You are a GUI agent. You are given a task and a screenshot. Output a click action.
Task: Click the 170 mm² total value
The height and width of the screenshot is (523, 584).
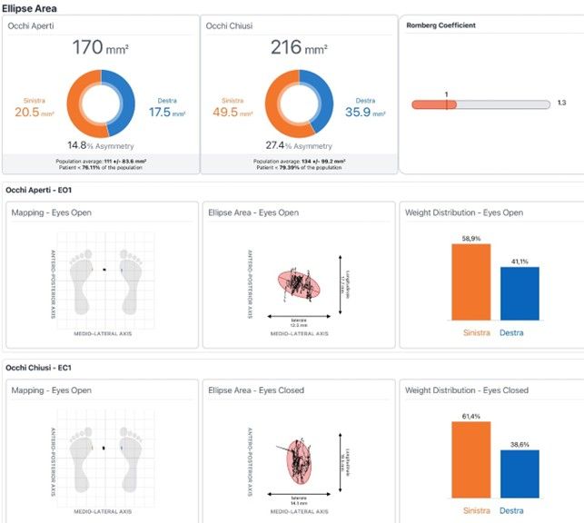[99, 47]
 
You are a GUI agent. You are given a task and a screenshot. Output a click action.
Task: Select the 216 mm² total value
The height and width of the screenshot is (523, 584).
[297, 47]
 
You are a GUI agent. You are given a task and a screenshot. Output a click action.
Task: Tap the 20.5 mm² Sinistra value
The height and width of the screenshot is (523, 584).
[28, 112]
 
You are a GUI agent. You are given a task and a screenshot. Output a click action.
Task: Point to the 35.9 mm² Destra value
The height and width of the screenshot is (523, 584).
[363, 113]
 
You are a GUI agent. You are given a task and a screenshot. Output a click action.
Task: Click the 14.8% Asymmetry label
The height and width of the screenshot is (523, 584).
[99, 145]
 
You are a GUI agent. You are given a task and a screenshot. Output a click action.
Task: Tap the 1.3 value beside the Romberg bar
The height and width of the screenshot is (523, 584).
[561, 103]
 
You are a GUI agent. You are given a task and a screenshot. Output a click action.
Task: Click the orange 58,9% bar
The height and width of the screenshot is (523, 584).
[470, 281]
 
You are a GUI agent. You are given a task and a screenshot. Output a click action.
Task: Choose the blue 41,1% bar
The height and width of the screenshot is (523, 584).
[520, 293]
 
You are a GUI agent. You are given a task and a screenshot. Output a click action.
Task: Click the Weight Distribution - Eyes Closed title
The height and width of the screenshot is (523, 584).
[466, 390]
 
